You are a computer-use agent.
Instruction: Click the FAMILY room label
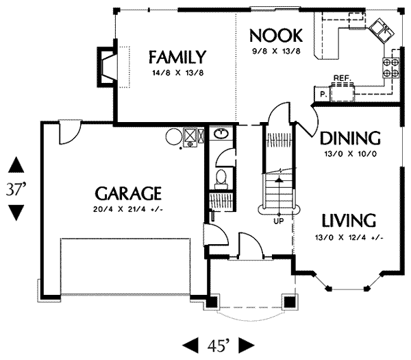click(177, 58)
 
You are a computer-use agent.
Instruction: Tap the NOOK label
click(276, 36)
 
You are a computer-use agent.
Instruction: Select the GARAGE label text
click(128, 193)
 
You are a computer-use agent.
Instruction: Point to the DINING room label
click(351, 138)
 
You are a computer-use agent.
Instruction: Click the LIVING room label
click(349, 221)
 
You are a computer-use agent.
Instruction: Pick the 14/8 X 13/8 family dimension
click(177, 73)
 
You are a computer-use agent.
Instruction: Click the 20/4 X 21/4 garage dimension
click(128, 209)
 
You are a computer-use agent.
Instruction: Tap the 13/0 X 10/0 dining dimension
click(351, 154)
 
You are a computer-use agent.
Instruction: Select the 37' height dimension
click(16, 189)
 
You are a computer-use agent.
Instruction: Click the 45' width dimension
click(219, 345)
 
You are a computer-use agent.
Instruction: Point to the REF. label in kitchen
click(342, 78)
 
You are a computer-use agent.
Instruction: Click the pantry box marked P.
click(322, 94)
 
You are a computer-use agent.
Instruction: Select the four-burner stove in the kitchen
click(391, 67)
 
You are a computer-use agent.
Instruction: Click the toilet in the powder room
click(221, 179)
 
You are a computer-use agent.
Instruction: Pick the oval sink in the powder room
click(222, 134)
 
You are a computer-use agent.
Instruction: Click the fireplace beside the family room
click(107, 67)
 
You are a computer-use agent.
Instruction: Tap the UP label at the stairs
click(279, 221)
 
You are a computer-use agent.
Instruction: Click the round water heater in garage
click(174, 136)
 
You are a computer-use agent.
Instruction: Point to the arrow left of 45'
click(190, 345)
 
